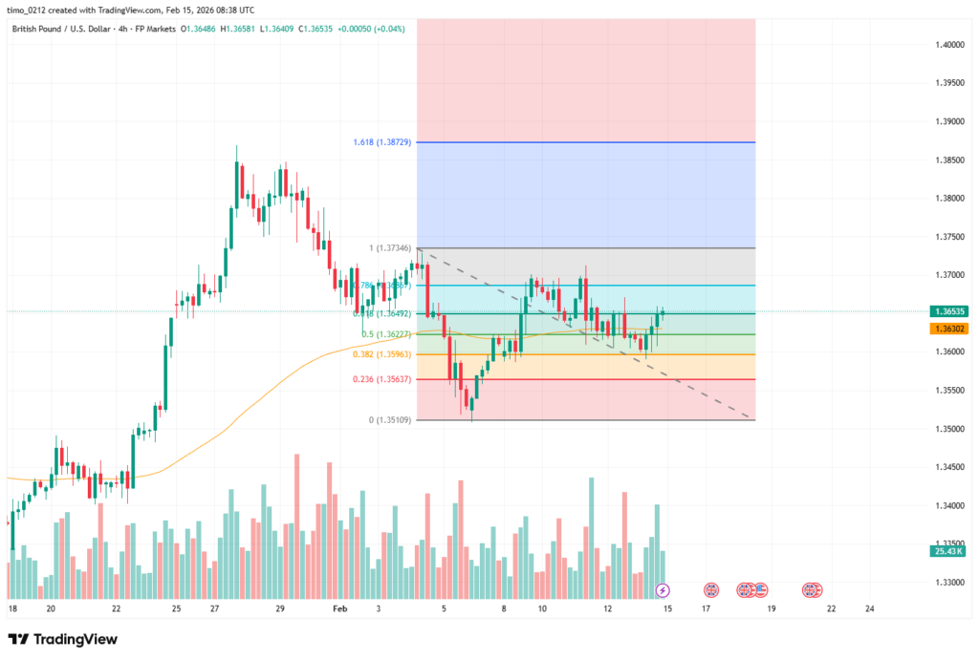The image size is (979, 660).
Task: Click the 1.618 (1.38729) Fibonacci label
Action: tap(381, 141)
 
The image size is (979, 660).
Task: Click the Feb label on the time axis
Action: tap(340, 607)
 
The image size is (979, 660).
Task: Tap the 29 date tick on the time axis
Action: tap(280, 607)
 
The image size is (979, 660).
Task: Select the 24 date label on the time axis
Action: tap(869, 607)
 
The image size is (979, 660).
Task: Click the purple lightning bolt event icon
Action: tap(663, 590)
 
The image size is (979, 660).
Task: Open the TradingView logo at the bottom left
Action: tap(63, 639)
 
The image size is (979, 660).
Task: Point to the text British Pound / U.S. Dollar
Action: tap(68, 29)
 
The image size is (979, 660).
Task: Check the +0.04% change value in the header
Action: tap(388, 29)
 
